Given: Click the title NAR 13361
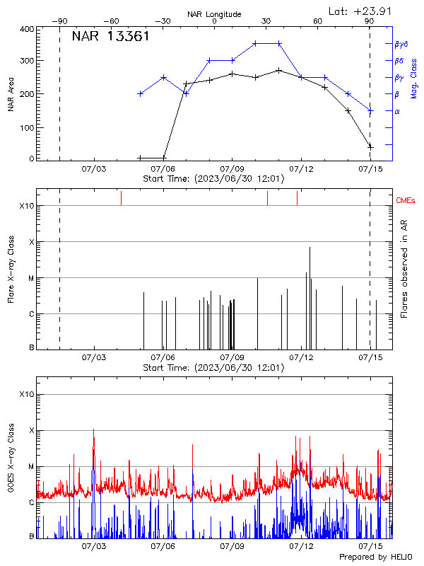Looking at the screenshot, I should [x=110, y=37].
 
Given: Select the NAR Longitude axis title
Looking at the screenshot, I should [x=214, y=14].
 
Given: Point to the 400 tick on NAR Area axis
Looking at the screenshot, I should [x=28, y=29].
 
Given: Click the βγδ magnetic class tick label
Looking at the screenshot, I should [x=401, y=44].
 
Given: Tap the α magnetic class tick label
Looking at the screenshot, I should [x=396, y=112].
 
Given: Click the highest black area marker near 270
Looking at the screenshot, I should [x=279, y=70].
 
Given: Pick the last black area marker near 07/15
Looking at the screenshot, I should [x=370, y=146].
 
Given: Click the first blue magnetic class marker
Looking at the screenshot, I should [x=141, y=93].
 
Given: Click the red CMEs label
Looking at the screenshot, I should [x=406, y=201].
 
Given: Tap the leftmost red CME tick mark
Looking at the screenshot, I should [x=121, y=198].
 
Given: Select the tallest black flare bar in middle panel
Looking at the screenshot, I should [x=310, y=297].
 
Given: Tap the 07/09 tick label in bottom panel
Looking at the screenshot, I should [x=232, y=547].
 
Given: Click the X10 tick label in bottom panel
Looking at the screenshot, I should [x=26, y=394].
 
